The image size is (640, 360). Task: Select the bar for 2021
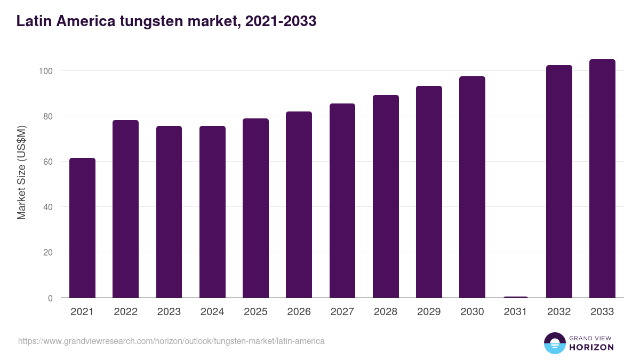point(82,228)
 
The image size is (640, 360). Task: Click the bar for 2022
point(125,209)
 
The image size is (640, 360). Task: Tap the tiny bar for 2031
point(515,297)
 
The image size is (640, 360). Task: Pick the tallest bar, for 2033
point(602,178)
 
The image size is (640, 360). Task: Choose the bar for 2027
point(342,201)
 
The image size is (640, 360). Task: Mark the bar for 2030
point(472,187)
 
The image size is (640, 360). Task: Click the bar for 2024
point(212,212)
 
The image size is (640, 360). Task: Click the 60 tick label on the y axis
point(48,162)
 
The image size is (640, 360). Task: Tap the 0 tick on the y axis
point(50,298)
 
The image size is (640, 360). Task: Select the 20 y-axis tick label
point(48,252)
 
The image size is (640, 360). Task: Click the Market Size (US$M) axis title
point(21,172)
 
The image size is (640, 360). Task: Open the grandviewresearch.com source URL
point(171,341)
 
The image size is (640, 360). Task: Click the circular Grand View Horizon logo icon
point(554,343)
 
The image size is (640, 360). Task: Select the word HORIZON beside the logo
point(591,347)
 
